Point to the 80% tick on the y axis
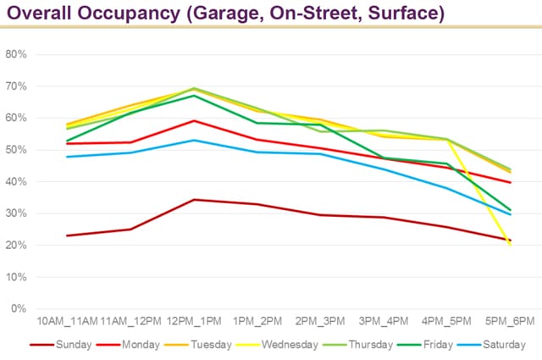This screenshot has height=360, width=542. coord(16,54)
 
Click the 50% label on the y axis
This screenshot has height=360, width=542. coord(16,150)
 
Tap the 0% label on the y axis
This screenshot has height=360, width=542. coord(19,308)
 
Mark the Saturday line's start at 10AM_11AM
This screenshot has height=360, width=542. coord(67,157)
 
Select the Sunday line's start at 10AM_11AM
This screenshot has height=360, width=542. coord(67,235)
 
